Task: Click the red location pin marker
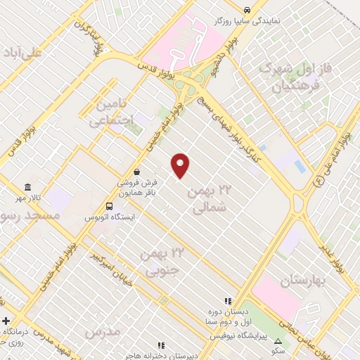[181, 165]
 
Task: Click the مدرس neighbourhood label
[98, 330]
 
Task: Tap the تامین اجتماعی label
[110, 112]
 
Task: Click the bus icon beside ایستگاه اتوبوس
[108, 206]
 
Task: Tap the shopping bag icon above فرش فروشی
[136, 171]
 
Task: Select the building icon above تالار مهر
[27, 187]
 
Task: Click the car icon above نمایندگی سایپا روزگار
[247, 10]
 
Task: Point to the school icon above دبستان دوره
[227, 300]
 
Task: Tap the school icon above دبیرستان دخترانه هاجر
[161, 345]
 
